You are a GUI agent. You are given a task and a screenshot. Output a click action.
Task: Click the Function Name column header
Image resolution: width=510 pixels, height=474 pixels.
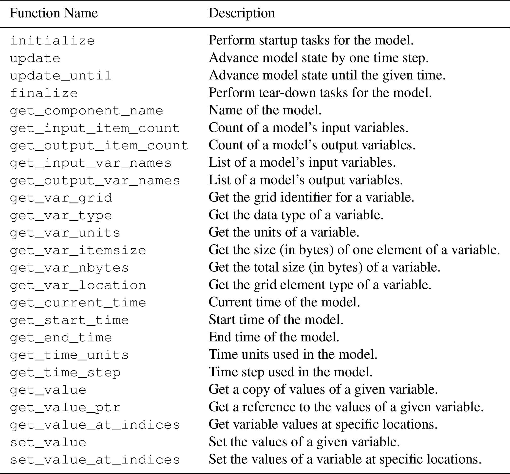click(x=54, y=13)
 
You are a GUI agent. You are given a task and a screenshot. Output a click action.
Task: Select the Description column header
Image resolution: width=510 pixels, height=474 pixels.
click(x=242, y=13)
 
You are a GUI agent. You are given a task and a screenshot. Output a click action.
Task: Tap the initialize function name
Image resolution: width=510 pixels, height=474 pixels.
click(x=53, y=40)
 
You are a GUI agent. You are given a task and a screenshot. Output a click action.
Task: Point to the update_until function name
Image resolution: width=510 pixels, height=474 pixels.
click(x=61, y=76)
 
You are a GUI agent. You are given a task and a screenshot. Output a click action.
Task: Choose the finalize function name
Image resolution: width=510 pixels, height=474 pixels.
click(x=44, y=93)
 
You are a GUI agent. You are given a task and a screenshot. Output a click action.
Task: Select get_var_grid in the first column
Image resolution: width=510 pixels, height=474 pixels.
click(x=61, y=198)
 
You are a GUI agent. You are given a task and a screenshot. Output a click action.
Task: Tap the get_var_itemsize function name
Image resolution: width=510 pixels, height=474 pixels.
click(x=78, y=251)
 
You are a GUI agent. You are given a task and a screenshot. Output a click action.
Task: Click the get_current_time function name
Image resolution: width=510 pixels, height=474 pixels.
click(x=78, y=303)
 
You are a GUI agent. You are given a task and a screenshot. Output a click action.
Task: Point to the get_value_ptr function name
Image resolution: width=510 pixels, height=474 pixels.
click(x=65, y=408)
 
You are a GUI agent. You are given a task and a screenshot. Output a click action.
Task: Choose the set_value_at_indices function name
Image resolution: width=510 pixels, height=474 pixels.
click(x=95, y=460)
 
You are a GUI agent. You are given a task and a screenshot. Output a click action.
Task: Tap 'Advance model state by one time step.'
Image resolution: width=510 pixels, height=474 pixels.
click(x=319, y=58)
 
